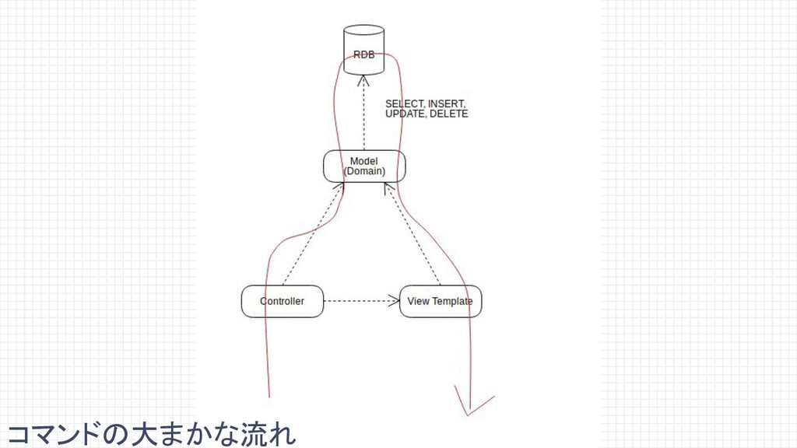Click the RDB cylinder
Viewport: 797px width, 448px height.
point(363,51)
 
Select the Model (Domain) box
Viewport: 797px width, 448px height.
point(364,166)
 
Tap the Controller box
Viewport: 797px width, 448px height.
point(282,301)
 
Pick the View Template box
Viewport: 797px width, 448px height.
point(441,301)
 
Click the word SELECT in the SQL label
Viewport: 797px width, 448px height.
point(405,103)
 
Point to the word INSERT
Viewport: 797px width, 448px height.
point(447,103)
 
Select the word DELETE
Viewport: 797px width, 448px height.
point(449,114)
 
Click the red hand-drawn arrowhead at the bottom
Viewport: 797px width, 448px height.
point(472,404)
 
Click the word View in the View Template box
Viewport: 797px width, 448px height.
point(419,301)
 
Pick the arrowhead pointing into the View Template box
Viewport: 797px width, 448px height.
point(393,301)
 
